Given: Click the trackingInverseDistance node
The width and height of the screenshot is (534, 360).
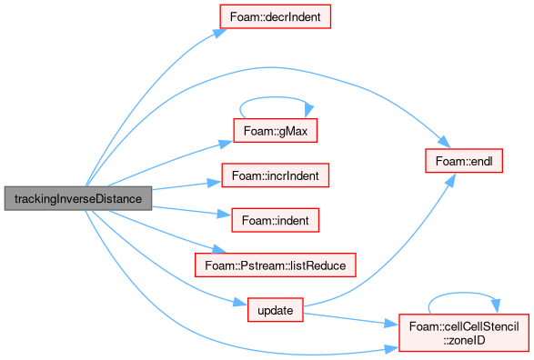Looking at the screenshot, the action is [78, 198].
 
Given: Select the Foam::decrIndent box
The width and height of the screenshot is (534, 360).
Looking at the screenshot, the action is [275, 16].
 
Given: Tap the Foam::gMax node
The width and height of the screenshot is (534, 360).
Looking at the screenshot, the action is [275, 131].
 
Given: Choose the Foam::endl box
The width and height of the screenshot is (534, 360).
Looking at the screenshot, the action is [464, 161].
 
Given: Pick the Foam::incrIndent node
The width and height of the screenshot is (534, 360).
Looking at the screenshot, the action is [275, 175].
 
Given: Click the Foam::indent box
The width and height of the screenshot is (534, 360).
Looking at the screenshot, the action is [275, 220].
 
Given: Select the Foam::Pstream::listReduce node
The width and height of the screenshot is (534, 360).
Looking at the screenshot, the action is [275, 265].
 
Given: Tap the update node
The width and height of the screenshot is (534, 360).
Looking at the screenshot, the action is [275, 310].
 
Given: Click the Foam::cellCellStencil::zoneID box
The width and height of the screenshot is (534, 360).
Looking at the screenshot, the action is [464, 333].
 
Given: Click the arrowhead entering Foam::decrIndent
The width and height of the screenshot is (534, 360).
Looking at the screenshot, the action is [219, 33].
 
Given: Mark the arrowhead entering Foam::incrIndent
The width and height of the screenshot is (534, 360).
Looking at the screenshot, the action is [215, 183].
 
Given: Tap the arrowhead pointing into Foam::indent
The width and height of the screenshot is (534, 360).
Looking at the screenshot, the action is [225, 214].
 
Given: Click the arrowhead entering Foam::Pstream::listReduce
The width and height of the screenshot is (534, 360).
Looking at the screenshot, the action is [219, 249].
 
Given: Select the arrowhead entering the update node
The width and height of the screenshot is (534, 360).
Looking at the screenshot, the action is [240, 302].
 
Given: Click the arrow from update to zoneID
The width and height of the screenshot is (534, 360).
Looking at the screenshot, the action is [351, 319].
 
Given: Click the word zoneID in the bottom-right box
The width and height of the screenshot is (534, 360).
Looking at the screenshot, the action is [464, 340].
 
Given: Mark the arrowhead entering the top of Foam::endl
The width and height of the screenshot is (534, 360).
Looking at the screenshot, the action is [445, 142].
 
